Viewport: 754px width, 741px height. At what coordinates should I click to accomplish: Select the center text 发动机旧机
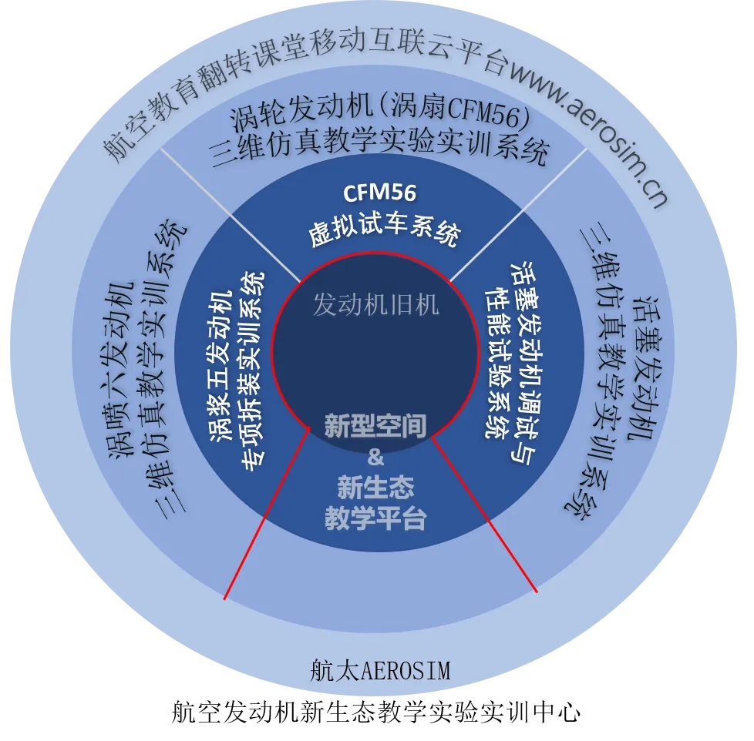[x=375, y=305]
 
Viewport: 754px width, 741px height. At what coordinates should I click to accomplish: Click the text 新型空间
[x=375, y=425]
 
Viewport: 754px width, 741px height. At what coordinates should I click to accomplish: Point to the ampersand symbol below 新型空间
[x=375, y=457]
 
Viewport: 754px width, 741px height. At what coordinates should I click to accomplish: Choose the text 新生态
[x=375, y=487]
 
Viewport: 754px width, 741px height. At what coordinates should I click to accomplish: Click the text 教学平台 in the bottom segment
[x=375, y=518]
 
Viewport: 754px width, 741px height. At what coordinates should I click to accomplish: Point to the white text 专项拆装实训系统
[x=254, y=368]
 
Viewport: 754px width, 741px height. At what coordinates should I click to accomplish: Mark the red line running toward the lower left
[x=266, y=512]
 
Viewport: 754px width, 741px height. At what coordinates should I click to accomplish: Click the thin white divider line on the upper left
[x=231, y=213]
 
